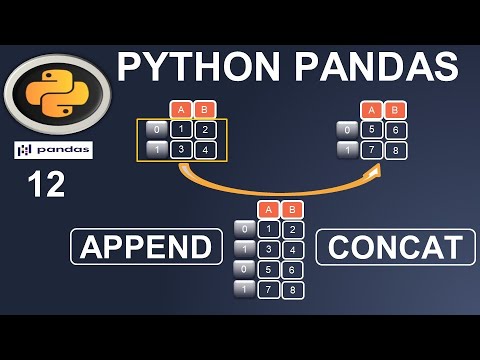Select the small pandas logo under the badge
[53, 149]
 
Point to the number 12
[46, 185]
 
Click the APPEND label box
[146, 247]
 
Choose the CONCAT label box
[395, 247]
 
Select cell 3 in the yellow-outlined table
[181, 150]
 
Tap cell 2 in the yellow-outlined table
[205, 129]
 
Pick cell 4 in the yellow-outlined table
[205, 150]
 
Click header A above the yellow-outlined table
[181, 109]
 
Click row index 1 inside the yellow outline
[155, 150]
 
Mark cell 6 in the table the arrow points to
[395, 129]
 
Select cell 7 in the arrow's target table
[371, 150]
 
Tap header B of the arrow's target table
[395, 109]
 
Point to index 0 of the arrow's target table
[346, 129]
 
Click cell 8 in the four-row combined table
[292, 290]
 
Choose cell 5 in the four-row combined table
[268, 270]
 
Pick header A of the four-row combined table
[268, 210]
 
